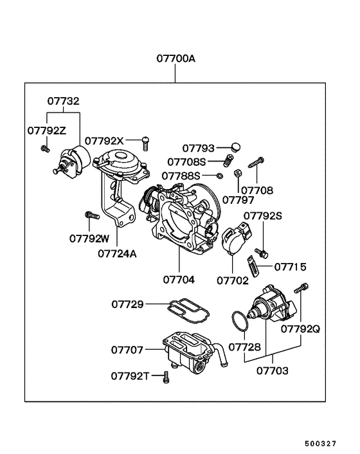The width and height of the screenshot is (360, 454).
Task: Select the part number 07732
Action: [64, 101]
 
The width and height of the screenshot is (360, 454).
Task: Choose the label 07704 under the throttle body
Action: [179, 280]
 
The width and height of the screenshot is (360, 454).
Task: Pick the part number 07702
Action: [233, 280]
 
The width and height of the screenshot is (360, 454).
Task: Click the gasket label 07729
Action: [127, 303]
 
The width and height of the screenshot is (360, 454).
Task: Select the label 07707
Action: [127, 350]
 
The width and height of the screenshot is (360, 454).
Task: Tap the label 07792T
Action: [130, 375]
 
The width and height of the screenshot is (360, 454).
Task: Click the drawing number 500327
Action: [330, 444]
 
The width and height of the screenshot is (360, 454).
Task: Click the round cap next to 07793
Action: [235, 147]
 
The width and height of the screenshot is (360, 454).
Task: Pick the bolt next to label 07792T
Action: [166, 377]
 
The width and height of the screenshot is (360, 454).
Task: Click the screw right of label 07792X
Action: [146, 139]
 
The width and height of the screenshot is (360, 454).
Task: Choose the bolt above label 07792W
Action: [90, 215]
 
